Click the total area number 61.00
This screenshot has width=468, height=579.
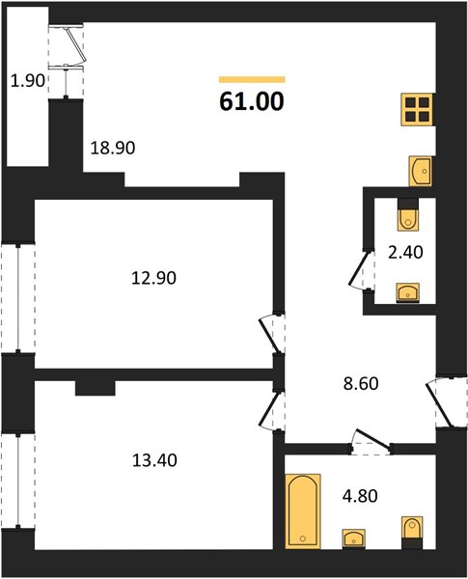(252, 101)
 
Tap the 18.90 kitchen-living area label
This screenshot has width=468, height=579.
(113, 148)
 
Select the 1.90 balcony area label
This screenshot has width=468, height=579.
(28, 80)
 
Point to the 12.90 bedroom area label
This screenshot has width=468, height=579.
(153, 278)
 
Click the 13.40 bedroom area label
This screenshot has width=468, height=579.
(154, 460)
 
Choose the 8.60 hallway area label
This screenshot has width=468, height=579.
(361, 384)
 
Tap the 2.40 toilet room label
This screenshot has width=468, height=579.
(405, 253)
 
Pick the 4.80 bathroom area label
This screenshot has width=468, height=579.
(360, 496)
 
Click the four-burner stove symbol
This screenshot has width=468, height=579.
(418, 110)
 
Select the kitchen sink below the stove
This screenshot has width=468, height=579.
(421, 171)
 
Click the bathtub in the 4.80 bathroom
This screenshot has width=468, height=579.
(303, 511)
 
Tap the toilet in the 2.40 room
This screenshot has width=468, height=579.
(408, 215)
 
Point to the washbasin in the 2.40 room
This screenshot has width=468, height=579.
(408, 292)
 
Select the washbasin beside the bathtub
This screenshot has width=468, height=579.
(354, 539)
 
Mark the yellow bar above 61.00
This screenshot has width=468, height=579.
(252, 79)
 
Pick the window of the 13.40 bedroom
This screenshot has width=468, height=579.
(17, 481)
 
